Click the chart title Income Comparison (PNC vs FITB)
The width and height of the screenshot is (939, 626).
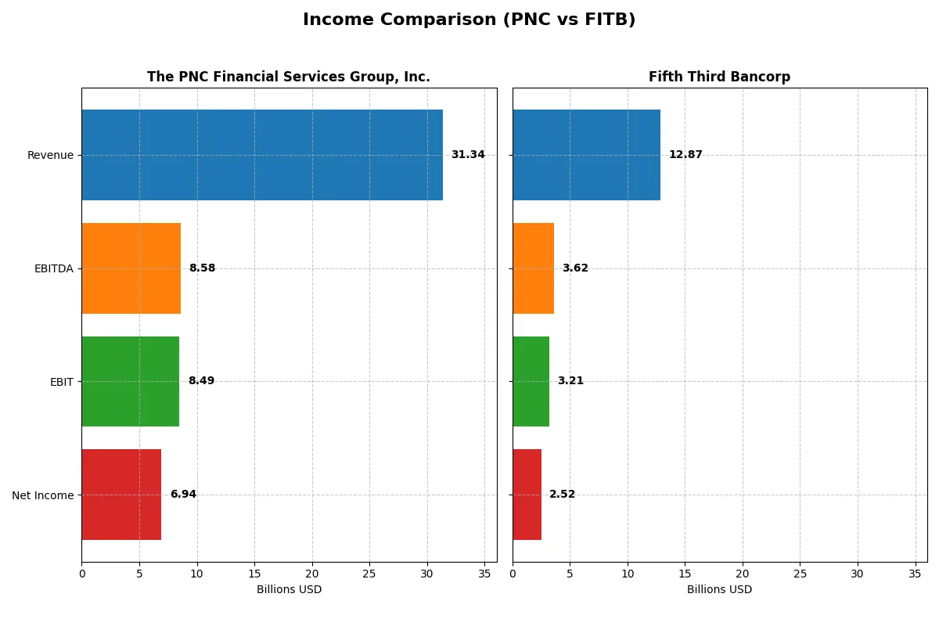click(x=469, y=20)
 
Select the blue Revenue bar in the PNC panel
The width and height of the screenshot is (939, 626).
click(x=262, y=155)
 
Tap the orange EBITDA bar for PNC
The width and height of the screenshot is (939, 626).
click(x=131, y=268)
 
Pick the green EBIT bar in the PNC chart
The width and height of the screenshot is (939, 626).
click(x=130, y=381)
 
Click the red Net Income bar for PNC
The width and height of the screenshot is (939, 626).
click(x=121, y=495)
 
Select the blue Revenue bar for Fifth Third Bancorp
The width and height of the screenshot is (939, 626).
click(x=586, y=155)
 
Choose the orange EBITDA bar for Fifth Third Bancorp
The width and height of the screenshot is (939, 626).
click(x=533, y=268)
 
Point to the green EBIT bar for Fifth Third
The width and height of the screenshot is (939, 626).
click(x=531, y=381)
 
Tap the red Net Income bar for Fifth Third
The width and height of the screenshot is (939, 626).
click(x=527, y=495)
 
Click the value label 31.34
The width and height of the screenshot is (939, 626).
click(x=468, y=155)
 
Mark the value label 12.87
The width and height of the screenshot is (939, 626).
click(x=685, y=155)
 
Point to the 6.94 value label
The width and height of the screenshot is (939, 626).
click(x=183, y=495)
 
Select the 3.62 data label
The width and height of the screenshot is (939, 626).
click(x=575, y=268)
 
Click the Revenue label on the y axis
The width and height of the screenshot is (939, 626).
click(x=50, y=156)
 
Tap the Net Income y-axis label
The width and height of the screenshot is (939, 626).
click(x=43, y=495)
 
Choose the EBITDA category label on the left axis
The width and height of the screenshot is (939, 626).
click(x=53, y=269)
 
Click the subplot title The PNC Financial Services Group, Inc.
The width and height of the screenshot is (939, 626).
click(x=289, y=77)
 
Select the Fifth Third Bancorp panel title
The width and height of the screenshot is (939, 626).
click(x=719, y=77)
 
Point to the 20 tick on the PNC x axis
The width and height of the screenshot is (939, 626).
click(x=312, y=574)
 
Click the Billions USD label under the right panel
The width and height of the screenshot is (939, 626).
click(x=719, y=590)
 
